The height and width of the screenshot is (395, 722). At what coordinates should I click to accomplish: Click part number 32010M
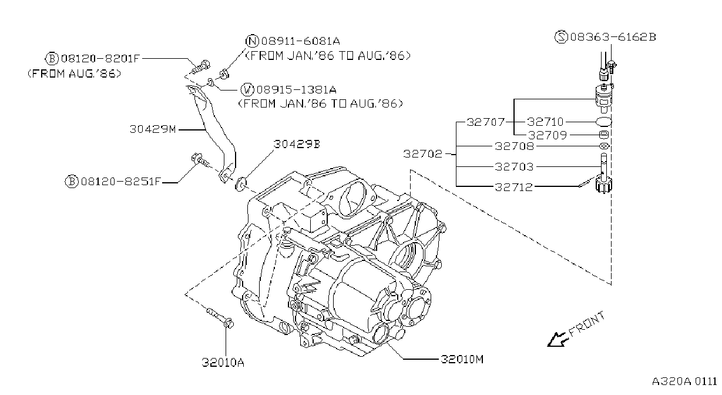[462, 359]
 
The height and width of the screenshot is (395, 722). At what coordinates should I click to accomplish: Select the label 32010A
[223, 363]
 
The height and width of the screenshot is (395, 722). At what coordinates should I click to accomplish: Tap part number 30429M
[153, 129]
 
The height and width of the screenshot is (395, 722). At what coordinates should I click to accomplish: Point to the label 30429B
[297, 144]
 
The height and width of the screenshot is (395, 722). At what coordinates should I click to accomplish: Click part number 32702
[423, 154]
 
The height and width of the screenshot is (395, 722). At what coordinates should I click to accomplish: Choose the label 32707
[486, 122]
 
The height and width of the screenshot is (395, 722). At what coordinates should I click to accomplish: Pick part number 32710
[545, 122]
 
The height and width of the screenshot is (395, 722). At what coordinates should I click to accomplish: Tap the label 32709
[548, 135]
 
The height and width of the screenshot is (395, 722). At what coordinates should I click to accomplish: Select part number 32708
[515, 146]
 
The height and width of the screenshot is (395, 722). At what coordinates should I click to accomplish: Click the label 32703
[515, 167]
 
